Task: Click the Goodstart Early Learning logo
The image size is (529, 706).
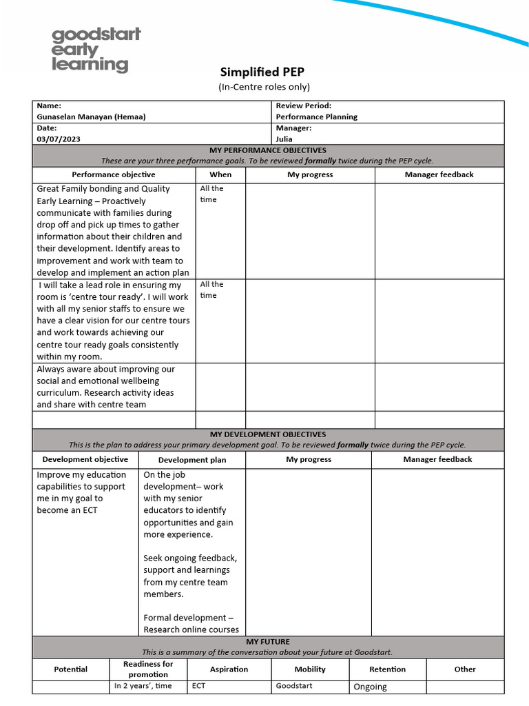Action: [96, 50]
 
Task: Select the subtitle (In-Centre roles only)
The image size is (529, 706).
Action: [264, 87]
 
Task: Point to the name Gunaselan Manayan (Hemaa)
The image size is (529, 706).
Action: [91, 117]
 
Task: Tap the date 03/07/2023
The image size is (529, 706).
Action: [59, 139]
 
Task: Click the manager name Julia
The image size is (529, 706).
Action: [284, 139]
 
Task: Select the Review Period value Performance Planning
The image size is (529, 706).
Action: [316, 117]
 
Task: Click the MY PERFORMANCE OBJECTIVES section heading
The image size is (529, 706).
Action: [268, 150]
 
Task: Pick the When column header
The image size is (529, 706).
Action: [220, 175]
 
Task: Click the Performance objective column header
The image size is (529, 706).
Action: [114, 175]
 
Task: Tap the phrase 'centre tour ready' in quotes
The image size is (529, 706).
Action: [130, 296]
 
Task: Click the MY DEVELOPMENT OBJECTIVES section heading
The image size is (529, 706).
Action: [268, 434]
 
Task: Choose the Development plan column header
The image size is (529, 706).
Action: [192, 460]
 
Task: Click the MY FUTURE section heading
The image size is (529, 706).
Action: [268, 641]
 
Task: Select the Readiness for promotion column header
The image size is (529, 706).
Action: [148, 669]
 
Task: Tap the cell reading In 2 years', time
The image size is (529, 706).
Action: [143, 686]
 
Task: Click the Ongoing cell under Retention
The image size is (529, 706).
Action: [370, 687]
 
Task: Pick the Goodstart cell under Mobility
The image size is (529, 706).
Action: [294, 686]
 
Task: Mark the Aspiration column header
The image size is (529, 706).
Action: [229, 669]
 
